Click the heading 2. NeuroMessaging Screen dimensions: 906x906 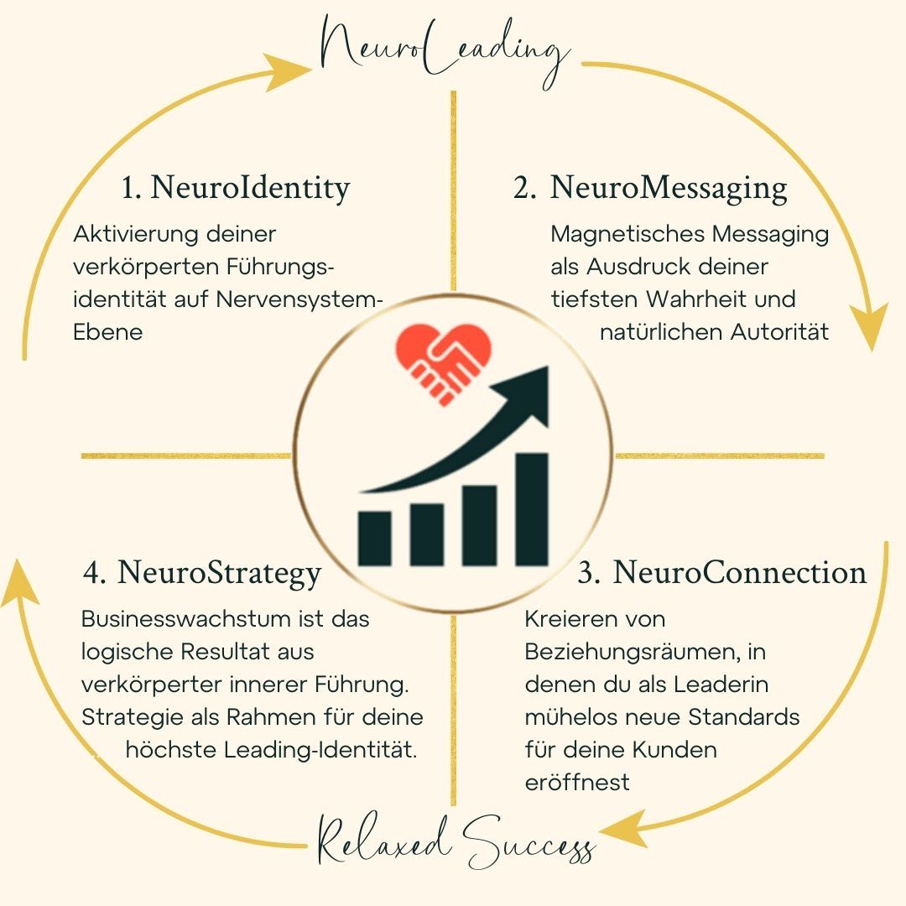[651, 188]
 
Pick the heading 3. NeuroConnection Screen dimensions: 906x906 [722, 572]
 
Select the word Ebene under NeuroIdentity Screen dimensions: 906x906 [107, 331]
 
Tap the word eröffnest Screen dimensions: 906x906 [577, 782]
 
